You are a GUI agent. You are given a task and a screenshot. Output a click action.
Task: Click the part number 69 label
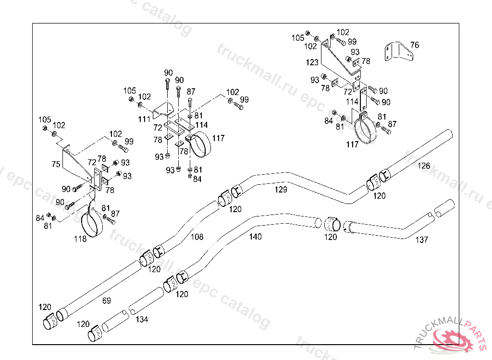pyautogui.click(x=107, y=300)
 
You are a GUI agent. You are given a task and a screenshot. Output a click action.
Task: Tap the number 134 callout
pyautogui.click(x=141, y=319)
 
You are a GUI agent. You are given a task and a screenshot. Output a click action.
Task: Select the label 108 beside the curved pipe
pyautogui.click(x=197, y=237)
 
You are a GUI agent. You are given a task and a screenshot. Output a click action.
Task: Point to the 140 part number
pyautogui.click(x=256, y=237)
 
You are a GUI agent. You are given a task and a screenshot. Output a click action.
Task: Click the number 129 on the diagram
pyautogui.click(x=281, y=190)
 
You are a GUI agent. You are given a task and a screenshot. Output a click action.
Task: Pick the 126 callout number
pyautogui.click(x=424, y=166)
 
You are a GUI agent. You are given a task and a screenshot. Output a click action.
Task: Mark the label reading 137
pyautogui.click(x=422, y=240)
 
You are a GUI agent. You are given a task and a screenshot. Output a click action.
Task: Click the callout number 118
pyautogui.click(x=80, y=239)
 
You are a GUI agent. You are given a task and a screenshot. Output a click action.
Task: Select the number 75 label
pyautogui.click(x=56, y=164)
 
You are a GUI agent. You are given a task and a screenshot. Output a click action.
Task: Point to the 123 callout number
pyautogui.click(x=312, y=62)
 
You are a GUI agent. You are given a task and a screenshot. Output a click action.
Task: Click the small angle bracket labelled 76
pyautogui.click(x=398, y=51)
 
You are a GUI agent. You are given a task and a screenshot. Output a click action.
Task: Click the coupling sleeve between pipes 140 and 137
pyautogui.click(x=332, y=224)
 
